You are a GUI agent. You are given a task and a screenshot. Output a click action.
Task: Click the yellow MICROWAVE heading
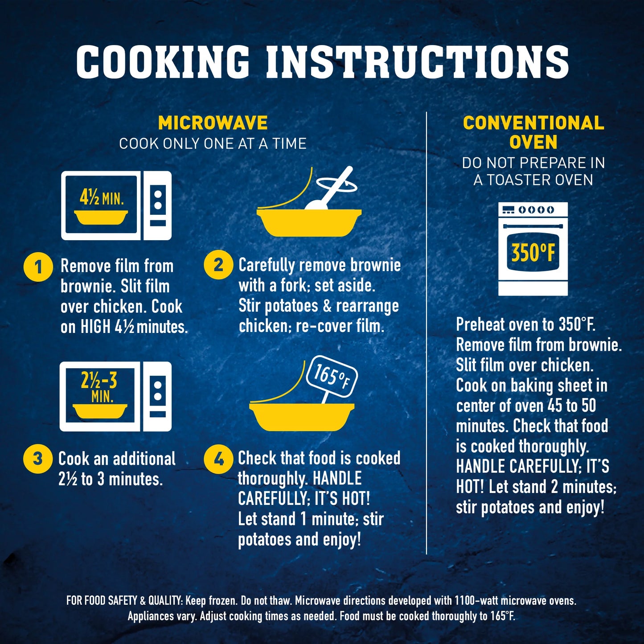213,123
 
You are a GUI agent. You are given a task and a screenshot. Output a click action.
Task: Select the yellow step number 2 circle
218,265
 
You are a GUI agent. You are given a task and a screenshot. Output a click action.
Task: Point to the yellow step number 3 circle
38,458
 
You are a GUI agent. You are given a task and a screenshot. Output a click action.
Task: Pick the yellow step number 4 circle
218,460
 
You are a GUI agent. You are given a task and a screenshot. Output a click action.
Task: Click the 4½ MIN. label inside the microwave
102,198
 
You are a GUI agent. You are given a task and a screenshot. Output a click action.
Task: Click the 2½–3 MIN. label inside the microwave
99,388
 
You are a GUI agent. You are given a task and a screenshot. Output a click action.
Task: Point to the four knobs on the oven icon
536,209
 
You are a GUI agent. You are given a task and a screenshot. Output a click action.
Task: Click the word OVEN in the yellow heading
533,142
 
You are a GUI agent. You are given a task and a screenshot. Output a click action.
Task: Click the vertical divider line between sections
427,333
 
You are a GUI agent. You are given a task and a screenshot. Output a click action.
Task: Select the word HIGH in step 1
95,327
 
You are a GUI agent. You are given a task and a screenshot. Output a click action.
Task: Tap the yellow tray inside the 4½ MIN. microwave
101,217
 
